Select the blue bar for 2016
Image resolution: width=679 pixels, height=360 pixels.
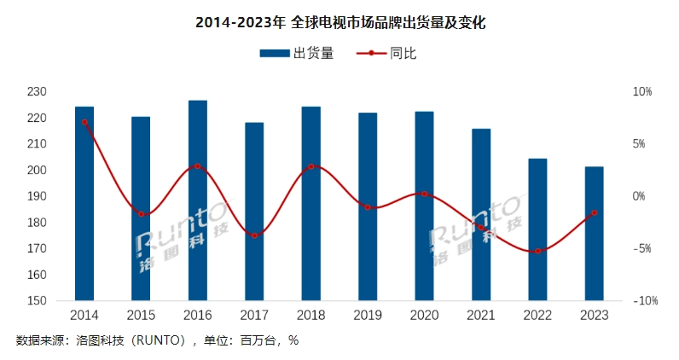pyautogui.click(x=198, y=200)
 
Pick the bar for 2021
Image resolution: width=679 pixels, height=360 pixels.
pyautogui.click(x=481, y=214)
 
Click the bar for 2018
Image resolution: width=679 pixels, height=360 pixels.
pyautogui.click(x=311, y=203)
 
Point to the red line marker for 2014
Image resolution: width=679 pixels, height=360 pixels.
pyautogui.click(x=84, y=122)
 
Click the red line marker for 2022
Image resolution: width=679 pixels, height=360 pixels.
pyautogui.click(x=537, y=251)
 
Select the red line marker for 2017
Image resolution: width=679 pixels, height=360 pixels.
pyautogui.click(x=254, y=235)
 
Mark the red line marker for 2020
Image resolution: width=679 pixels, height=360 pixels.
pyautogui.click(x=424, y=195)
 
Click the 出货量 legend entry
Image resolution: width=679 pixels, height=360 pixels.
pyautogui.click(x=296, y=54)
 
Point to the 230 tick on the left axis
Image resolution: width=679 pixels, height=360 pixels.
pyautogui.click(x=61, y=91)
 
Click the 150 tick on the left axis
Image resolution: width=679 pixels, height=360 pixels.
pyautogui.click(x=61, y=301)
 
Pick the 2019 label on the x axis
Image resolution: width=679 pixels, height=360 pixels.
pyautogui.click(x=368, y=316)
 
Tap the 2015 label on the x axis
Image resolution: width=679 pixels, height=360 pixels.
pyautogui.click(x=141, y=316)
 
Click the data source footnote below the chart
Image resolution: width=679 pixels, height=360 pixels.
pyautogui.click(x=157, y=340)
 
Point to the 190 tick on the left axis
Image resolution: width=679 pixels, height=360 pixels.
pyautogui.click(x=61, y=196)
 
